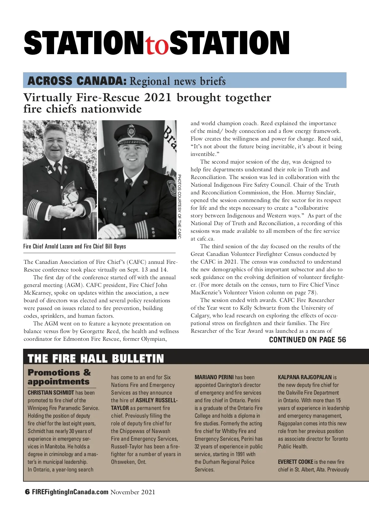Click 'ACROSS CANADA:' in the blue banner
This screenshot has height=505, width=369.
pos(77,81)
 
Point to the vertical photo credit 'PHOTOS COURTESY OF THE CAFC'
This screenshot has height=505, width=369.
pos(179,206)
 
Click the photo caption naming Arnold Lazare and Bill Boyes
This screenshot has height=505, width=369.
pos(74,246)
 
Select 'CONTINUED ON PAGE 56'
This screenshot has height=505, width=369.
pos(307,340)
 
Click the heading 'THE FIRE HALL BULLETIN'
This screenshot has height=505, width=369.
pos(96,359)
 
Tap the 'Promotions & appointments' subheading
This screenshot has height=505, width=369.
pos(59,377)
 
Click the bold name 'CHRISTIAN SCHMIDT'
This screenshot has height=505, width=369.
pos(51,393)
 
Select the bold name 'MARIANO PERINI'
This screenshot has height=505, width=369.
pos(214,377)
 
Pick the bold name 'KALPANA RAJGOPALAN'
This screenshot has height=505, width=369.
pos(305,377)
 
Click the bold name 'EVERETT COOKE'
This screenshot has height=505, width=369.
pos(296,462)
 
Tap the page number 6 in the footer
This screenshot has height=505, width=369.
pos(27,492)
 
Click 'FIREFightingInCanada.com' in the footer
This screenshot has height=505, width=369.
pos(70,492)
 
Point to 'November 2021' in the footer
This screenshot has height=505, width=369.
pos(133,492)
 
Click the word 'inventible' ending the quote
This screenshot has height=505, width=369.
pos(202,154)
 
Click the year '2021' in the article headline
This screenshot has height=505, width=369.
pos(157,97)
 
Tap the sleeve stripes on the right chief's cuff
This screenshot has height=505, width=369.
pos(141,229)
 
